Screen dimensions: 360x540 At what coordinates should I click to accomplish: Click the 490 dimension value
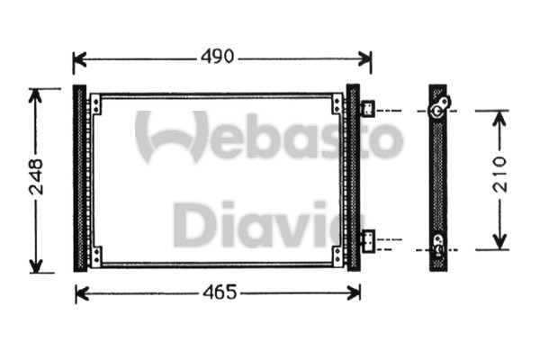pos(217,58)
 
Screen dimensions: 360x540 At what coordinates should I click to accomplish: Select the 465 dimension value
pos(219,293)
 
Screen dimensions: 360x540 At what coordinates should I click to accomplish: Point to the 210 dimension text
pos(500,174)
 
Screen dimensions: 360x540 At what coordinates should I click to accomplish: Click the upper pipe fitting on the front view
pos(369,110)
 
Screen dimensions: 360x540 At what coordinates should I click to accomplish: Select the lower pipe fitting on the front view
pos(369,240)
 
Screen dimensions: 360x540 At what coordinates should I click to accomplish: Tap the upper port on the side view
pos(439,108)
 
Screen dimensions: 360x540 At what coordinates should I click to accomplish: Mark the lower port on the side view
pos(438,243)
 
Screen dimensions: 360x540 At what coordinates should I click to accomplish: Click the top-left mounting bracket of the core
pos(95,105)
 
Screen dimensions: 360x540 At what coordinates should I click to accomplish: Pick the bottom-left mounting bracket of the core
pos(95,256)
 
